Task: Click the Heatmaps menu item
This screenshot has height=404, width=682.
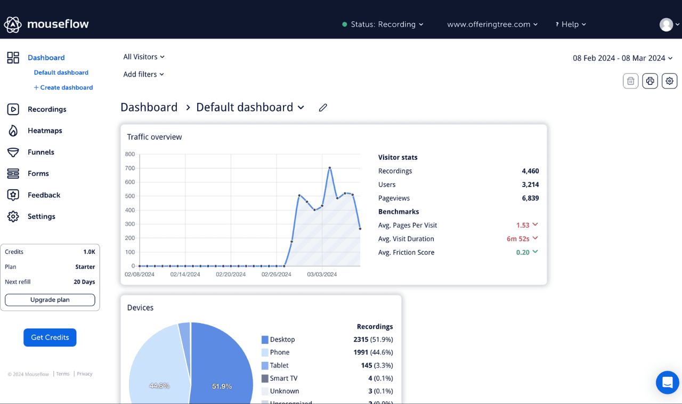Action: [45, 131]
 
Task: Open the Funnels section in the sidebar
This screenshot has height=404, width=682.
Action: [40, 152]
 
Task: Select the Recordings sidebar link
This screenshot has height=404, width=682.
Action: [47, 109]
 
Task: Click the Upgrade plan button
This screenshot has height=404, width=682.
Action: [50, 300]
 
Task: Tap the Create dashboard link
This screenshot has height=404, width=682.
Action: [63, 87]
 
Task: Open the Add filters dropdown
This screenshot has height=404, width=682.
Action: [143, 74]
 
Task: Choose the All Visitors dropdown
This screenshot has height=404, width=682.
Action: [144, 56]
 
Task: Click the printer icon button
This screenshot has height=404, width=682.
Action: [649, 81]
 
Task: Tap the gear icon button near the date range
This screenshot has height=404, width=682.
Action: [669, 81]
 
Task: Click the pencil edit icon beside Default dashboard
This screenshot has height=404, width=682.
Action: [323, 108]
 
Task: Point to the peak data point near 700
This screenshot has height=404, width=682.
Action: [330, 168]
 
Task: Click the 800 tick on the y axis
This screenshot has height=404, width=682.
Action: [129, 154]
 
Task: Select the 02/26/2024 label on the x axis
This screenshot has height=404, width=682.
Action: [276, 274]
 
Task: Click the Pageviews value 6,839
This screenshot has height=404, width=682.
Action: [530, 198]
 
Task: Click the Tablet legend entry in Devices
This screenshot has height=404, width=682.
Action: [279, 365]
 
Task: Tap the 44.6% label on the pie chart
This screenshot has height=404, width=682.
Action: [159, 385]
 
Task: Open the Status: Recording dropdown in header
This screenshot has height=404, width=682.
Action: [383, 25]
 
